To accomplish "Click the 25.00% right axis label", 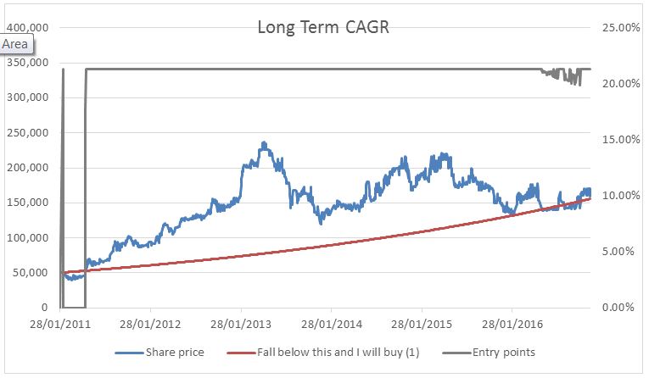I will click(619, 27).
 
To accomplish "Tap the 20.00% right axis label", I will click(619, 83).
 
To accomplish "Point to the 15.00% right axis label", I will click(619, 139).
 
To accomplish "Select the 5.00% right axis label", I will click(622, 252).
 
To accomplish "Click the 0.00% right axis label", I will click(622, 308).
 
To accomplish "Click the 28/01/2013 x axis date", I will click(242, 324).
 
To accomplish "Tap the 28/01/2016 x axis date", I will click(512, 324).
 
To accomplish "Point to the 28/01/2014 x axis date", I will click(332, 324).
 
